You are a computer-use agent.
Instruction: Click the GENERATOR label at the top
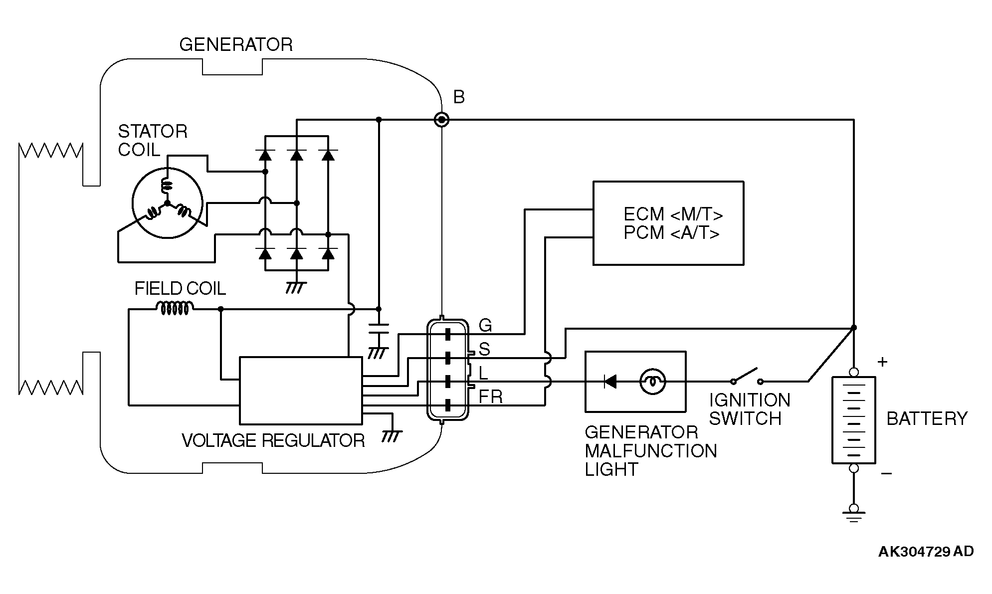(x=236, y=45)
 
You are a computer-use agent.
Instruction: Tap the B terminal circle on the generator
(x=441, y=120)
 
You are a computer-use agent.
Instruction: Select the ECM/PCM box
(x=668, y=223)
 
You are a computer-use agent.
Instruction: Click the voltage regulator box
(x=301, y=391)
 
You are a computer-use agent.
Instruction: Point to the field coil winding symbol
(x=174, y=309)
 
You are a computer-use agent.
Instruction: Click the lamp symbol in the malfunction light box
(x=652, y=382)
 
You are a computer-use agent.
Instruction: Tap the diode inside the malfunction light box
(x=610, y=382)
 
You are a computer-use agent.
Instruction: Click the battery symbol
(x=853, y=420)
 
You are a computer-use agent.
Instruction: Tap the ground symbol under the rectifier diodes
(x=296, y=288)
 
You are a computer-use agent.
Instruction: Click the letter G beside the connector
(x=485, y=326)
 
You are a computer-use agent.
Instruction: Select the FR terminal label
(x=490, y=397)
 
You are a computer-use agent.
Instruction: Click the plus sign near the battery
(x=882, y=362)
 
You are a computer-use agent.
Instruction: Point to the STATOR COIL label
(x=153, y=141)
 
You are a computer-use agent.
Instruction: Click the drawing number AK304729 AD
(x=926, y=551)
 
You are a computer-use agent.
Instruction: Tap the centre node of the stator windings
(x=167, y=203)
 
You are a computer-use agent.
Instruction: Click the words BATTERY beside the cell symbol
(x=927, y=418)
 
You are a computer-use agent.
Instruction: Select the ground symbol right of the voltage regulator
(x=391, y=436)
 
